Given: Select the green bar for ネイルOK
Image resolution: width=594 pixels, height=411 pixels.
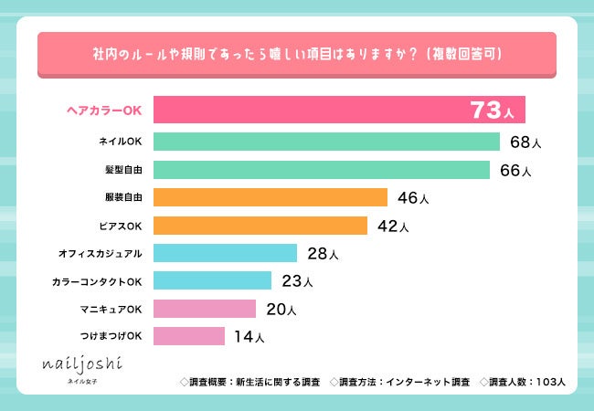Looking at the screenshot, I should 326,142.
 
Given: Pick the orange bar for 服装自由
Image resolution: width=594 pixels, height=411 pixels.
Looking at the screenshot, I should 270,197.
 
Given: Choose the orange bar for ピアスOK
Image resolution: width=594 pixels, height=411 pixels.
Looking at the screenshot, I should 260,225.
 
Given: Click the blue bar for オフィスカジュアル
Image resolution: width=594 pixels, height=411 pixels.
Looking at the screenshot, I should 225,253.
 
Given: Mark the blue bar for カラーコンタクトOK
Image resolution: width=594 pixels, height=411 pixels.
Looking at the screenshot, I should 212,280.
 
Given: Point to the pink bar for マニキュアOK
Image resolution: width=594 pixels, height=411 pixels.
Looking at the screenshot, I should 205,309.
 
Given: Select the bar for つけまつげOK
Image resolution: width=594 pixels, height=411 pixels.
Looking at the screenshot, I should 189,336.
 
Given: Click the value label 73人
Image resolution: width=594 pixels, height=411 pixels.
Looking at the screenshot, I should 493,111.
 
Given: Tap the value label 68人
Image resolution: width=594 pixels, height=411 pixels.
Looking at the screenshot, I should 526,142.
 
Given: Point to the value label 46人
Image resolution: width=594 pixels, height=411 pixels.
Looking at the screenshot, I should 413,197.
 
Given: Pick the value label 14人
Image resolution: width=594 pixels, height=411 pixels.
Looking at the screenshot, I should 249,337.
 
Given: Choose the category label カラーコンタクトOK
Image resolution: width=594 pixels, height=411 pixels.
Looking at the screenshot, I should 97,281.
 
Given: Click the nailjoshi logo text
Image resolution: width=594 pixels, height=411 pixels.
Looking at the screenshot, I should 81,364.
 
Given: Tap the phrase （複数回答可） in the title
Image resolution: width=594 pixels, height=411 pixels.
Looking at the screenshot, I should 477,55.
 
